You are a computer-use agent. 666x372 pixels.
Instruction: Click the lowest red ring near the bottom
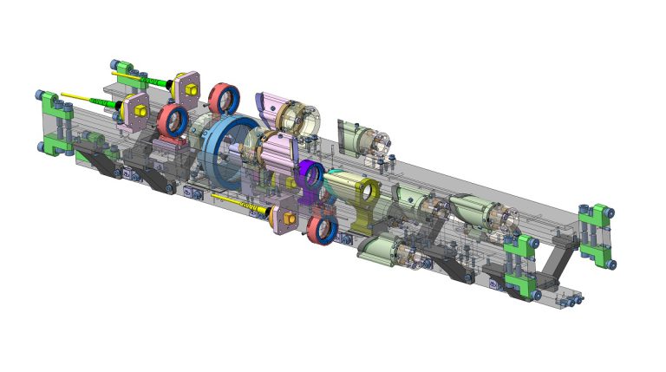click(322, 231)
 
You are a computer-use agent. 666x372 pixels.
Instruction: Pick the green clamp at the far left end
click(55, 122)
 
